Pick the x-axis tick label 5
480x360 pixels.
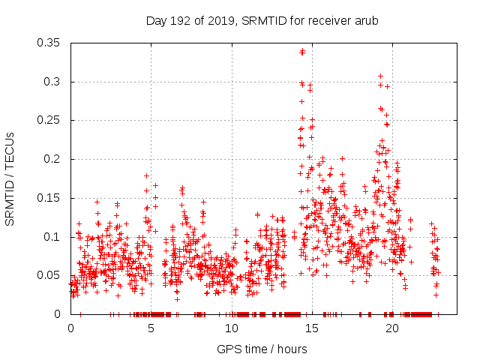coord(151,328)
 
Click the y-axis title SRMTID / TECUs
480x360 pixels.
coord(10,178)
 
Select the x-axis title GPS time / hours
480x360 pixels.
coord(262,349)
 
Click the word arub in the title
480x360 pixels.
coord(365,20)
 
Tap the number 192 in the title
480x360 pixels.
coord(179,20)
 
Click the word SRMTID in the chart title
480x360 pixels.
coord(259,20)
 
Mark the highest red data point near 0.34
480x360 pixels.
coord(302,52)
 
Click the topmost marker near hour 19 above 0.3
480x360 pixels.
coord(380,76)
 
